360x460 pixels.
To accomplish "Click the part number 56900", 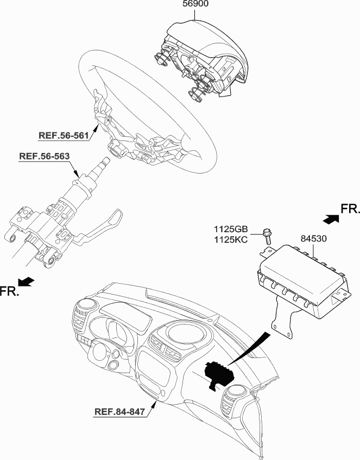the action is (195, 4).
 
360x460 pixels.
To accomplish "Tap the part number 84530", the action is (313, 239).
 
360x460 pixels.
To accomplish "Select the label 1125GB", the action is (231, 229).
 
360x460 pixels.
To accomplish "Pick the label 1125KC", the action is (231, 240).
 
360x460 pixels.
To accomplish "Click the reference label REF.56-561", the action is (64, 135).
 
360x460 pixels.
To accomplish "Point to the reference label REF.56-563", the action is (45, 156).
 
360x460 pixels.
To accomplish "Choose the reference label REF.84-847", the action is (119, 412).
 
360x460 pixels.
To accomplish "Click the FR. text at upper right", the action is (350, 209).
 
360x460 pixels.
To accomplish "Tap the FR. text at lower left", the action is (9, 291).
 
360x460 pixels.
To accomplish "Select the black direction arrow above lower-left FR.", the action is (26, 281).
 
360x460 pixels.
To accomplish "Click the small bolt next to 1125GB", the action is (268, 237).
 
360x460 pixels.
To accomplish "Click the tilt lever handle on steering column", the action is (102, 227).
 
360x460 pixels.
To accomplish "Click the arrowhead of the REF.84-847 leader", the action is (154, 404).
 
